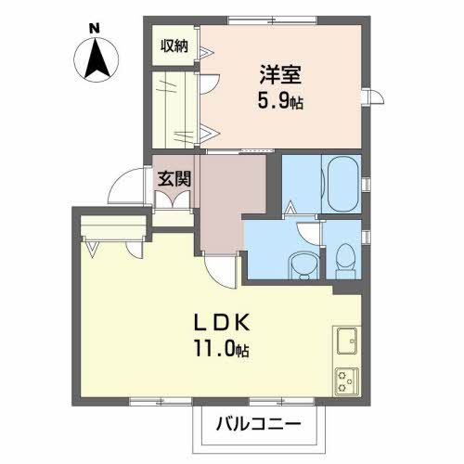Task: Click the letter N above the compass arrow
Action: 94,30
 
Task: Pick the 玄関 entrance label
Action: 173,177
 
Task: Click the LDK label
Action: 222,324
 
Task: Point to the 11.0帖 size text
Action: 222,350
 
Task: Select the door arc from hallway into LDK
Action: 219,270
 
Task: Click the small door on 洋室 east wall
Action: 376,98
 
